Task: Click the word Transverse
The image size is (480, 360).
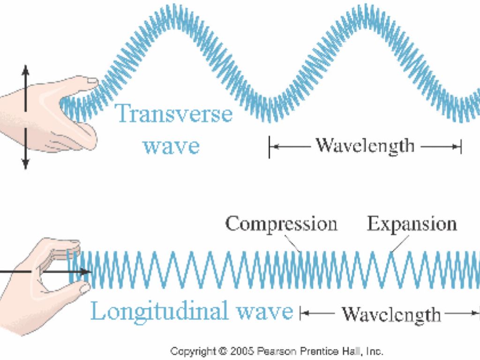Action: click(174, 114)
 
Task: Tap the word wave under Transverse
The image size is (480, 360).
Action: click(172, 146)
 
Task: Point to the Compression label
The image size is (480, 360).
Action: click(281, 224)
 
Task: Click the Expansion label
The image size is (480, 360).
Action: click(412, 224)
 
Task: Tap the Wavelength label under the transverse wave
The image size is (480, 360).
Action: click(365, 146)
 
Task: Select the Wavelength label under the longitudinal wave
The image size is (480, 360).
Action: click(391, 314)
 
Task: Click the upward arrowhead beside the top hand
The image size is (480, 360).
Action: click(26, 69)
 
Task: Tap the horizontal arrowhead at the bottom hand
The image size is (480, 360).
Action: click(86, 272)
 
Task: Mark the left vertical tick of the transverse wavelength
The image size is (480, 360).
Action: click(270, 147)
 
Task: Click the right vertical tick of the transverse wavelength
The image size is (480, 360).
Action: click(461, 147)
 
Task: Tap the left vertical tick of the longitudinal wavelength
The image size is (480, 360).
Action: click(300, 314)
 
